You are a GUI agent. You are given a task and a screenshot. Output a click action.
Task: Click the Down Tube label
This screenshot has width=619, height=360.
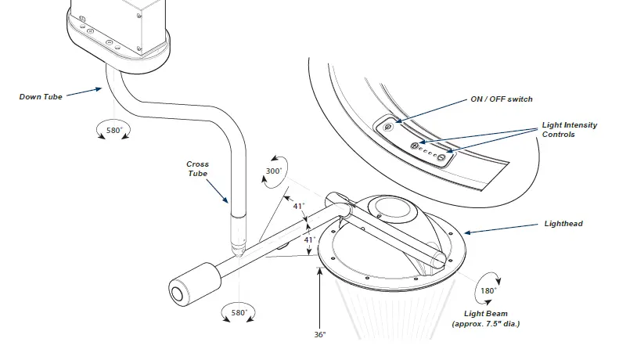click(41, 97)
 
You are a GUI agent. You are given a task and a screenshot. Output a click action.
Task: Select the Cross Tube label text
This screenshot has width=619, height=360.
click(197, 169)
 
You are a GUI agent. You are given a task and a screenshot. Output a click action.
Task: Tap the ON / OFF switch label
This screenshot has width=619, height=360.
click(501, 99)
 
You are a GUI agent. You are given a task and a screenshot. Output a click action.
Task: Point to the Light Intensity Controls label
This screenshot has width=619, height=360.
click(569, 130)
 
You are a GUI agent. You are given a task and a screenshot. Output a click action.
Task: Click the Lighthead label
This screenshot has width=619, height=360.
click(563, 224)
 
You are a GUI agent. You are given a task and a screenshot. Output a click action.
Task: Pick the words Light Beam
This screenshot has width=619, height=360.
click(485, 313)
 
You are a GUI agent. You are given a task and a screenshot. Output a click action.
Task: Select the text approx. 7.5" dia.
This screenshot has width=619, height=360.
click(485, 323)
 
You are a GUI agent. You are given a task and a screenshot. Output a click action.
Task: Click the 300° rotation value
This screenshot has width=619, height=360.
click(274, 171)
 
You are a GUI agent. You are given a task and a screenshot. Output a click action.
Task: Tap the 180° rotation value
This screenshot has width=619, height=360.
click(488, 290)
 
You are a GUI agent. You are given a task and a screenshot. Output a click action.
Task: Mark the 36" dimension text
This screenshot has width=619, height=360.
click(319, 334)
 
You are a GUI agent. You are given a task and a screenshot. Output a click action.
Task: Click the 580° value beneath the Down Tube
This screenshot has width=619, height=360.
click(114, 130)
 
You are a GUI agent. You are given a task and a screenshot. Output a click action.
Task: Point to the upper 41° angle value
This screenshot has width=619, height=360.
click(298, 207)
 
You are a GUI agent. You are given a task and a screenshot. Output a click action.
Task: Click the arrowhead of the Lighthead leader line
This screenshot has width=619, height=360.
click(466, 232)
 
